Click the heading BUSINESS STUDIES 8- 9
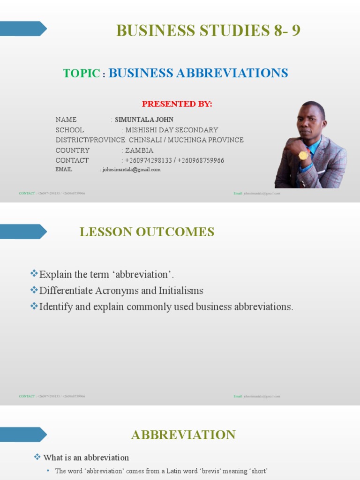click(x=208, y=31)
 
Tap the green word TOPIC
click(x=82, y=74)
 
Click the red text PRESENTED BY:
click(x=177, y=104)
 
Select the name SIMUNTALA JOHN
click(x=144, y=120)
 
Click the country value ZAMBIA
click(x=139, y=150)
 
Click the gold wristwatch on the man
click(x=303, y=155)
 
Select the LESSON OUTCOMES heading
click(x=147, y=232)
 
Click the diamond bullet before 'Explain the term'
click(x=34, y=274)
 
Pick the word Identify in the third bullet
click(x=56, y=307)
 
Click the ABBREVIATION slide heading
click(x=183, y=435)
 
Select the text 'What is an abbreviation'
click(x=86, y=457)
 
